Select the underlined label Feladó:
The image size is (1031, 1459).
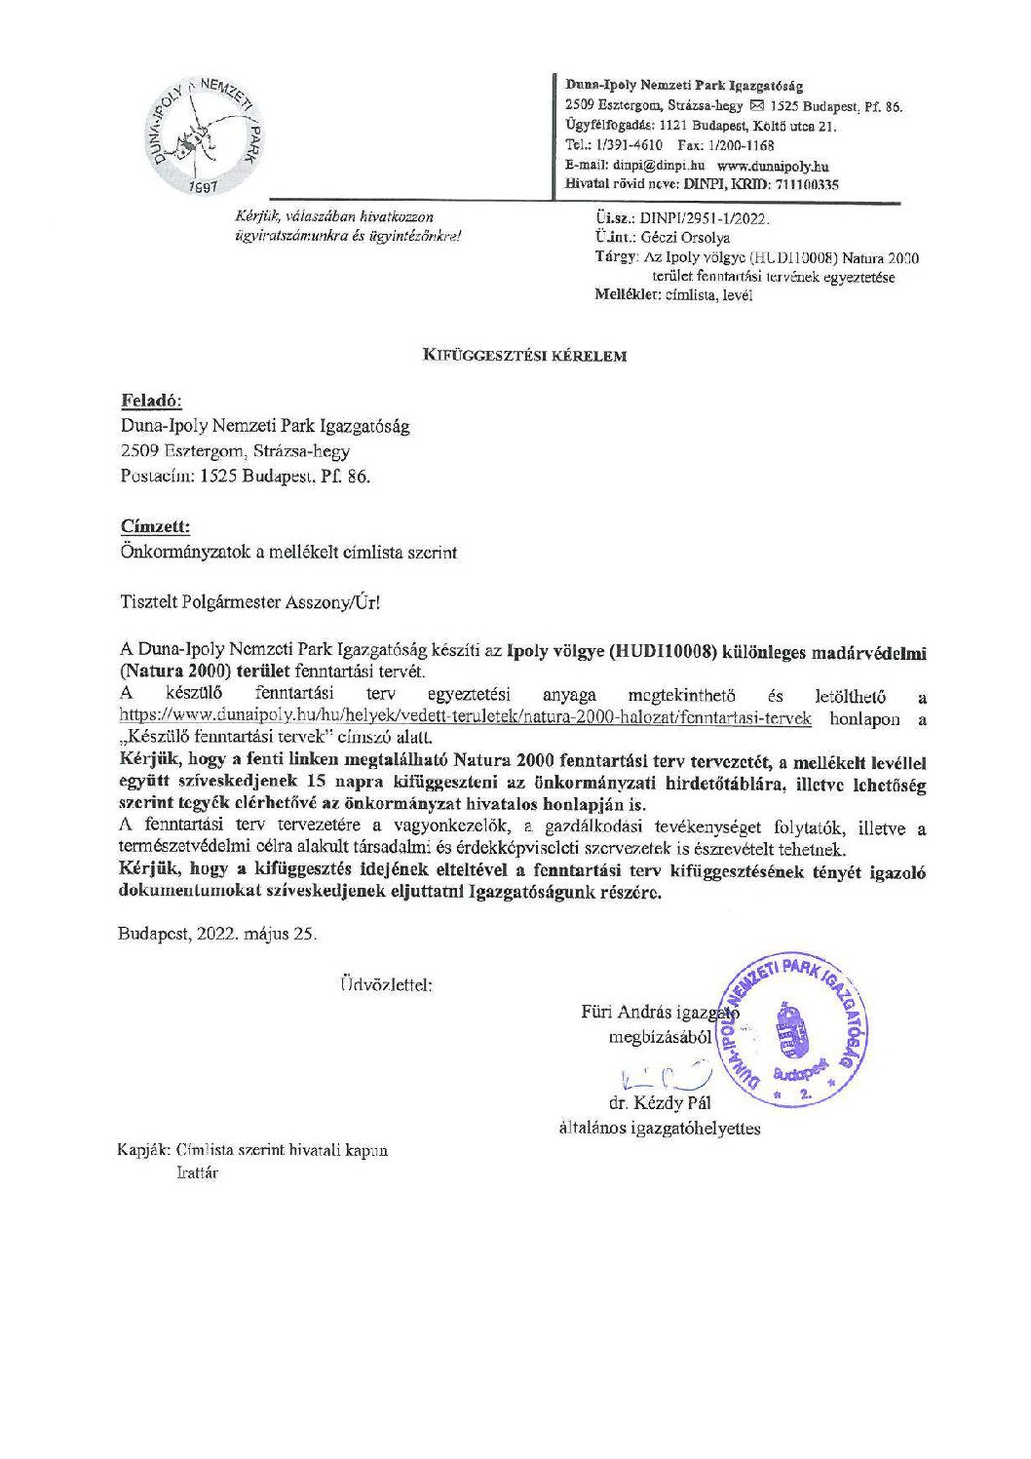click(151, 402)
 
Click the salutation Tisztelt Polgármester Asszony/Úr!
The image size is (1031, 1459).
click(249, 602)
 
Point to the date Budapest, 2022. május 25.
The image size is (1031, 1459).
click(218, 932)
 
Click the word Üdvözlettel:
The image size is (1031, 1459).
click(387, 983)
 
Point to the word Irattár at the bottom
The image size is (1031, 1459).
click(198, 1172)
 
